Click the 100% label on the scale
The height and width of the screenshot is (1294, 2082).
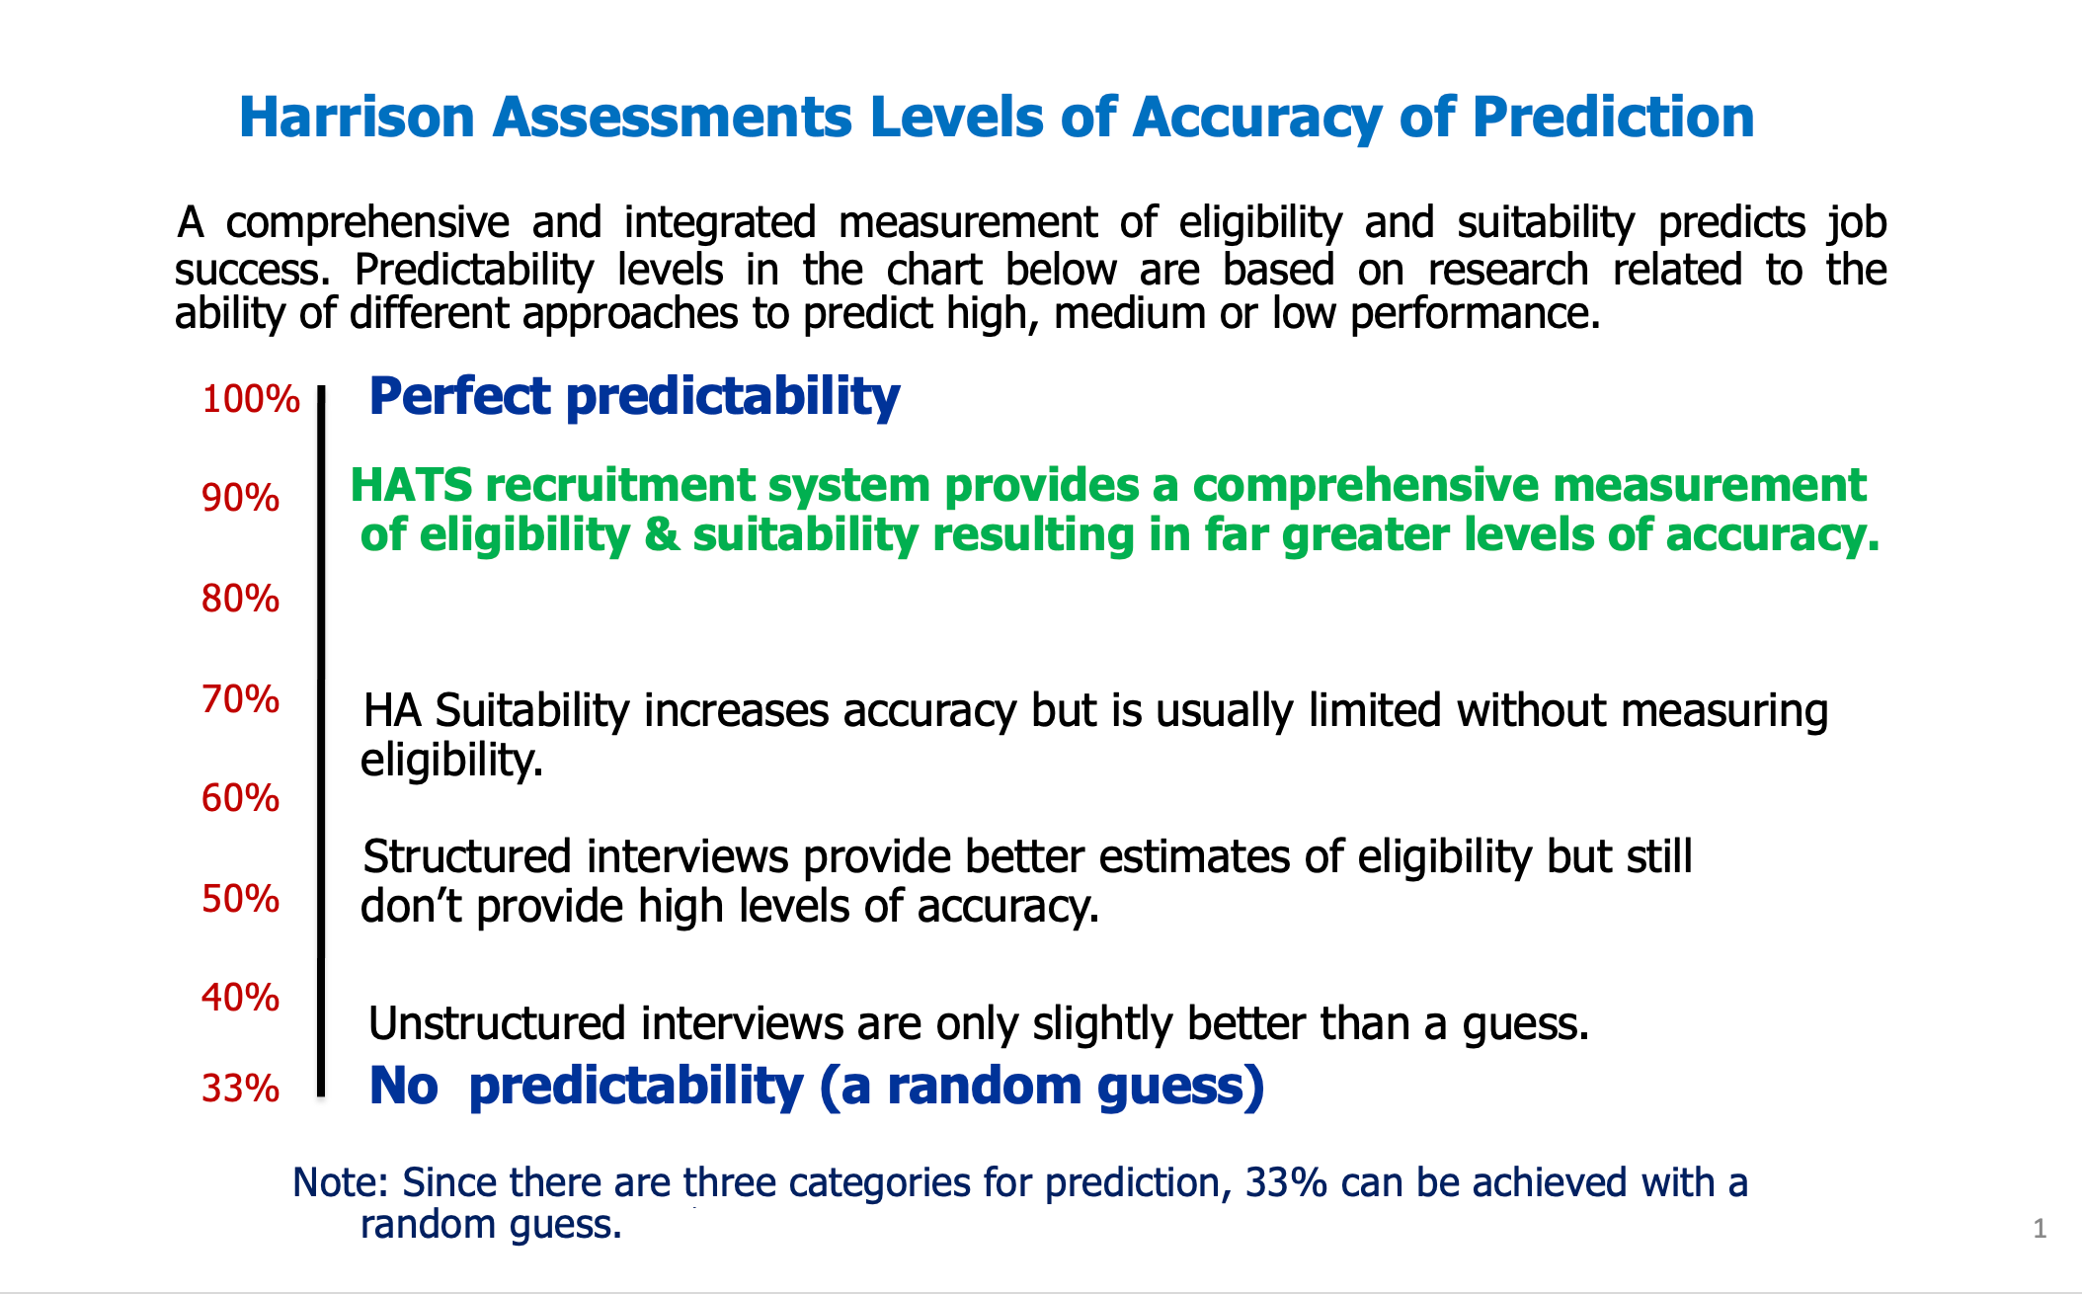(251, 399)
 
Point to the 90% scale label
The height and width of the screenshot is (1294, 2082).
(241, 499)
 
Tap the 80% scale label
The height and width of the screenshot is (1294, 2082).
(241, 599)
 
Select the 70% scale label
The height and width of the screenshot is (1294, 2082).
(241, 699)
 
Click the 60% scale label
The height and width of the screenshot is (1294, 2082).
(241, 798)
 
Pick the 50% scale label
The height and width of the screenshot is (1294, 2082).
(241, 899)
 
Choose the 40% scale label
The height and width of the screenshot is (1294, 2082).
(241, 998)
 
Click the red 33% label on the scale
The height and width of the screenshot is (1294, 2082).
(241, 1089)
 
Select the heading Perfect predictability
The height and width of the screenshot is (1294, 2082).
(634, 397)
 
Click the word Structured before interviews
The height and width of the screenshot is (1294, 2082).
(467, 856)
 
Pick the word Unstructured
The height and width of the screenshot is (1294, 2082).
(497, 1023)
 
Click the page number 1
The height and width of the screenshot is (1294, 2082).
(2040, 1229)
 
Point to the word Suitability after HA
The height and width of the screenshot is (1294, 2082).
(531, 711)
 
